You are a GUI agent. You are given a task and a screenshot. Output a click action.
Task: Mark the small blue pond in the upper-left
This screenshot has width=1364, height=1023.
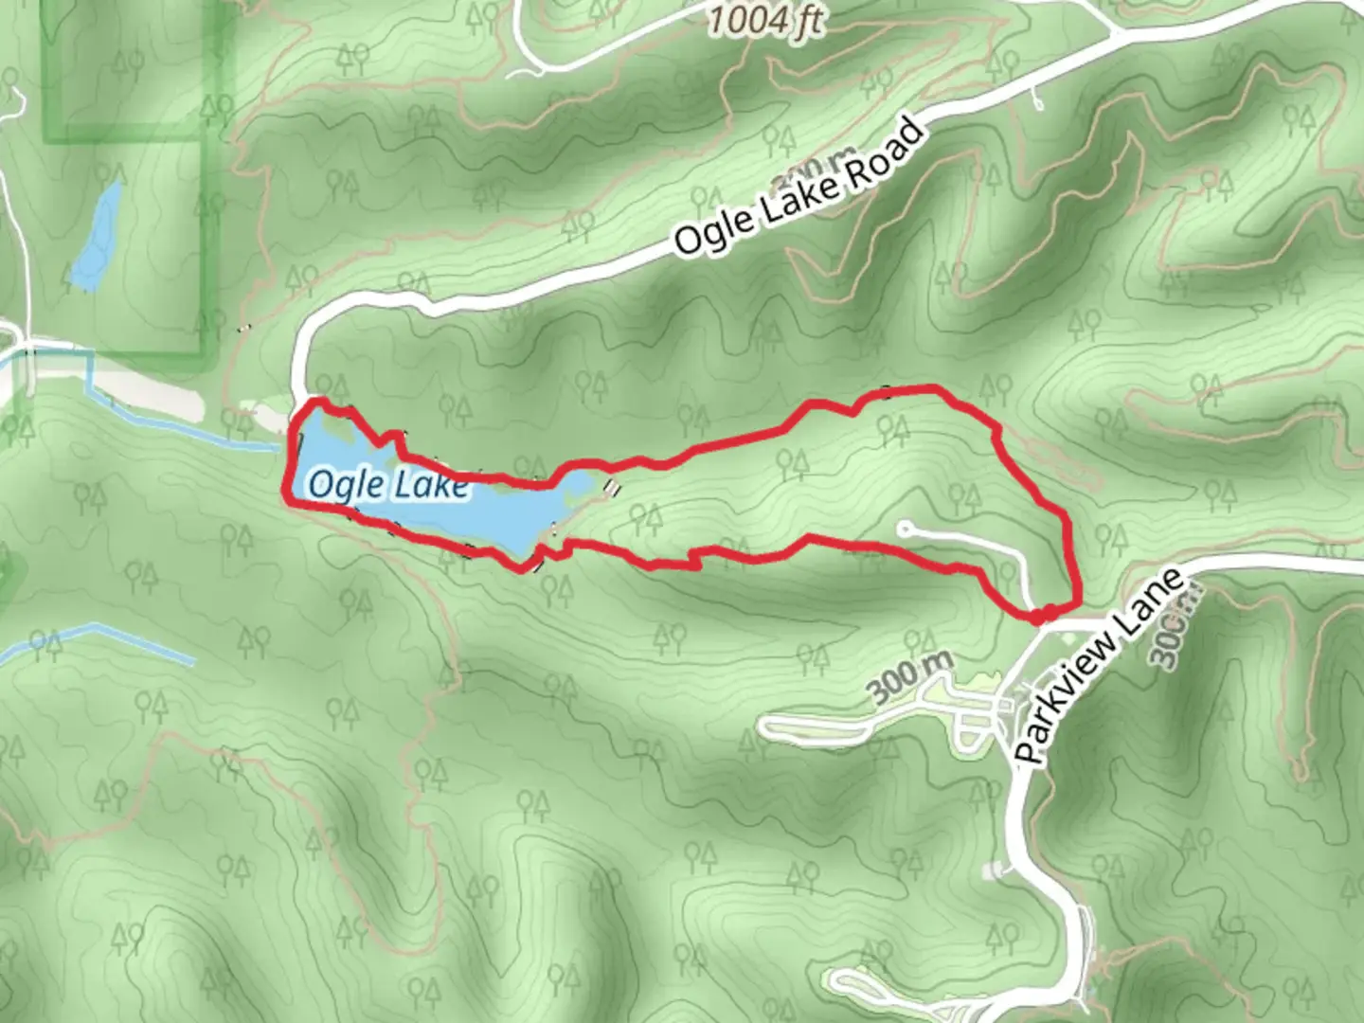[x=98, y=237]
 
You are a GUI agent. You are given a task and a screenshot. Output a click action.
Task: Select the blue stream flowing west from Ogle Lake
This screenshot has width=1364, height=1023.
[x=189, y=431]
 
